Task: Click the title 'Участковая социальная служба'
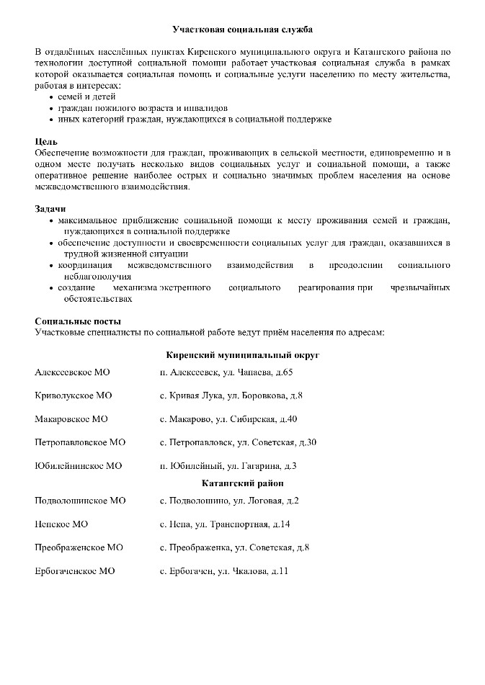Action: (243, 30)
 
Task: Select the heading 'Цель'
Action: (46, 141)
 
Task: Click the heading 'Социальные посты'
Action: (78, 321)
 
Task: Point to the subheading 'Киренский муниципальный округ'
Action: (242, 356)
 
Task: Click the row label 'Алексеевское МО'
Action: (72, 372)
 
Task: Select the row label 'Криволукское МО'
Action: (73, 396)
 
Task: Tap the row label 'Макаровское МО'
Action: (71, 419)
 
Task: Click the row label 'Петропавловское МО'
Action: (80, 442)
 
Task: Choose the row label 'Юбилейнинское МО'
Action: (78, 465)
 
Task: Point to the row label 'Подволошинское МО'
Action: (80, 501)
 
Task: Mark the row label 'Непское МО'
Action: (61, 524)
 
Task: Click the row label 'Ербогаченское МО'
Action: (74, 571)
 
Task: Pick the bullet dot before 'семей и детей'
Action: (50, 97)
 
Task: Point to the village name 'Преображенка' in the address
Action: (200, 547)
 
